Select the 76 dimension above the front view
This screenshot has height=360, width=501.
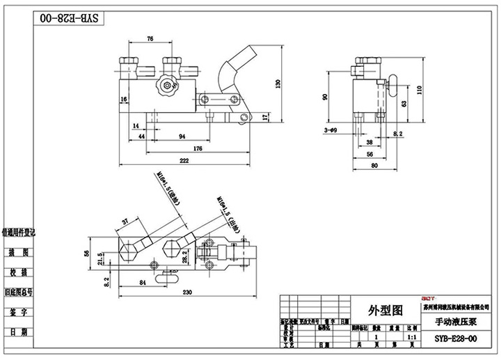click(x=150, y=39)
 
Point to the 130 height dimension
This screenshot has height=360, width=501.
click(x=278, y=84)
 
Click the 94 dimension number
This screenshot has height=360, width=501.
click(x=182, y=136)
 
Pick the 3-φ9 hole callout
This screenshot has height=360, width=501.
click(x=331, y=130)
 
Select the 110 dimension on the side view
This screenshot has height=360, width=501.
click(x=419, y=89)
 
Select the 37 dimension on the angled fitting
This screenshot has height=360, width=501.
click(x=125, y=221)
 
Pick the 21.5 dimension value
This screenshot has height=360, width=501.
click(x=101, y=259)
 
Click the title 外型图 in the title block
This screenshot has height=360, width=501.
click(x=384, y=309)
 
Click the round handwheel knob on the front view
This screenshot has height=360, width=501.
click(x=165, y=88)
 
